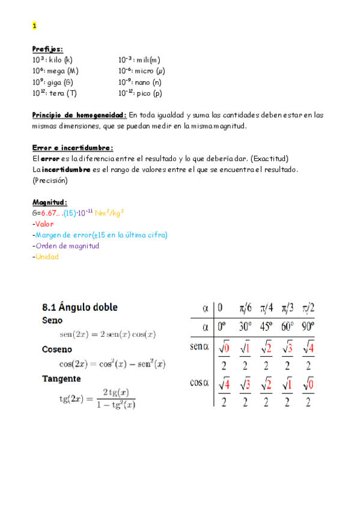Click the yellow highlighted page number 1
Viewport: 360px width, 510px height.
(x=34, y=26)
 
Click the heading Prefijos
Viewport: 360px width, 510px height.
(x=47, y=49)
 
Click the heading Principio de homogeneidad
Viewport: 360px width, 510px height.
(x=79, y=115)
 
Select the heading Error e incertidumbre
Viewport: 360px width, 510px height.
(x=72, y=147)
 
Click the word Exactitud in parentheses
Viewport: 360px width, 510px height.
(x=270, y=159)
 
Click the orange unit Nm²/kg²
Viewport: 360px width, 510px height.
(x=110, y=213)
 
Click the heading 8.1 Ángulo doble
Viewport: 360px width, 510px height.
(x=79, y=307)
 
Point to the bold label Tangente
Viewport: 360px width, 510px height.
(x=61, y=379)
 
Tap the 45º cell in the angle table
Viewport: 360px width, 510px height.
(x=265, y=328)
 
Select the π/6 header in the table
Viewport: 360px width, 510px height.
(x=245, y=308)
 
